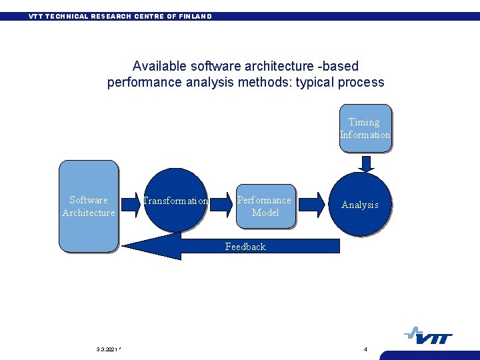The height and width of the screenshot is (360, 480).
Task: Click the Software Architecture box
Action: point(89,206)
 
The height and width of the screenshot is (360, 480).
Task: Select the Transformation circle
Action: point(175,200)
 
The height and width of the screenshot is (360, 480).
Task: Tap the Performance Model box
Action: point(265,206)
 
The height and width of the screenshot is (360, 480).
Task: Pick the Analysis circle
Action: point(360,204)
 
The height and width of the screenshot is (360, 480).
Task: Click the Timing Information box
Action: point(365,128)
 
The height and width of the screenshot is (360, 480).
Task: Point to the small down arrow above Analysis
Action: point(365,163)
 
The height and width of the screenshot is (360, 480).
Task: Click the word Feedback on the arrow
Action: point(245,247)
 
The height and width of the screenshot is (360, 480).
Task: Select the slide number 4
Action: point(365,349)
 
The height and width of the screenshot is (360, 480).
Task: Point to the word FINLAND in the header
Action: point(196,16)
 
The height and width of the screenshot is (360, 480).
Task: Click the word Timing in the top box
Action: point(364,122)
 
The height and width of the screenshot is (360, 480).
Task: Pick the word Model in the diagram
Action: point(265,213)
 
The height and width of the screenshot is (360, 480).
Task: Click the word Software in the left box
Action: point(89,200)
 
